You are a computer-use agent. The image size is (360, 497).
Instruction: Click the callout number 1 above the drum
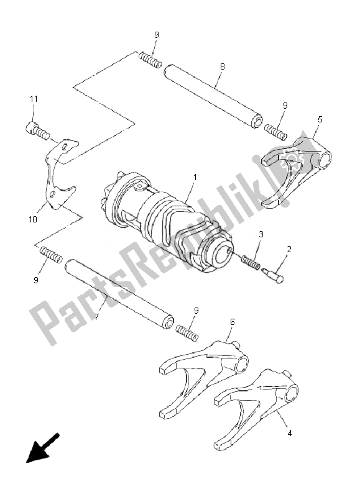(x=195, y=177)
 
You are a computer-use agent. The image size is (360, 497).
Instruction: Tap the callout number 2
(x=289, y=250)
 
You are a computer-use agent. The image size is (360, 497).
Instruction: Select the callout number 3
(x=261, y=235)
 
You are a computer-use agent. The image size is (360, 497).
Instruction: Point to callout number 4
(x=289, y=432)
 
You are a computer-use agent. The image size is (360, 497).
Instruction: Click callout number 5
(x=320, y=119)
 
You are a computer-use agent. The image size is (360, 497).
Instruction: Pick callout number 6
(x=233, y=322)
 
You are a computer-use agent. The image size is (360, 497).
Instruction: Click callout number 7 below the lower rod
(x=97, y=316)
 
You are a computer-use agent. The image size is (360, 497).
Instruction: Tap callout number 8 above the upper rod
(x=223, y=66)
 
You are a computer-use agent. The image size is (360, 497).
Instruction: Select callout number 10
(x=33, y=219)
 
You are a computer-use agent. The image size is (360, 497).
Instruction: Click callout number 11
(x=34, y=99)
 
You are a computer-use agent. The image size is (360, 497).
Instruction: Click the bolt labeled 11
(x=37, y=132)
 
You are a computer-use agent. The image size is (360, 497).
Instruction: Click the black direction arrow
(x=42, y=448)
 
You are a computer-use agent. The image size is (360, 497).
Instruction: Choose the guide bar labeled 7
(x=119, y=294)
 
